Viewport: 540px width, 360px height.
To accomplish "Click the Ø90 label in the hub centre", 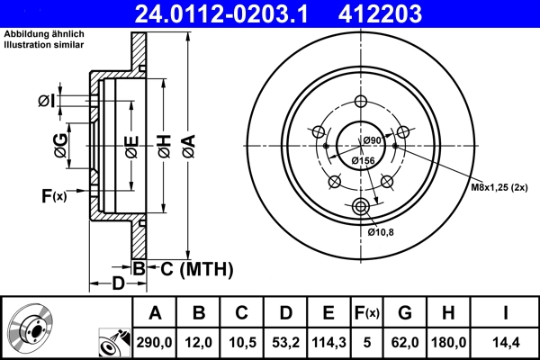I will [x=373, y=140].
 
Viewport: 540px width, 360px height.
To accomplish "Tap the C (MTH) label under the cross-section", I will [x=191, y=268].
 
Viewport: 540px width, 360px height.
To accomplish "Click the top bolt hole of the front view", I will [x=362, y=103].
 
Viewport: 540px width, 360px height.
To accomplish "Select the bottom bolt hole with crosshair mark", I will [x=362, y=208].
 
